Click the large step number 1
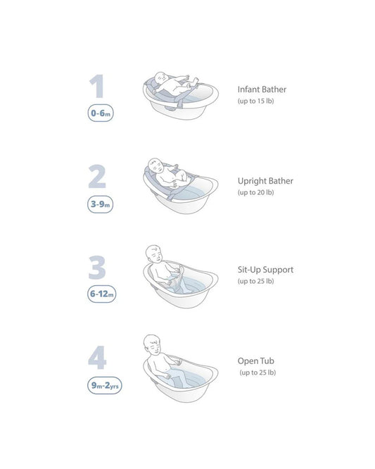(x=97, y=86)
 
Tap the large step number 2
(x=97, y=177)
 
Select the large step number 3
(x=97, y=268)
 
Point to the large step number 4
(x=97, y=358)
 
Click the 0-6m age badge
(x=101, y=113)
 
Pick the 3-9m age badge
(x=100, y=204)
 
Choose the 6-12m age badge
(x=101, y=294)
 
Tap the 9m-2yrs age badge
(x=105, y=385)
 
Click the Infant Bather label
(x=262, y=89)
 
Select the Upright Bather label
(x=265, y=181)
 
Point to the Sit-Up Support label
(x=265, y=270)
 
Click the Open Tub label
(x=256, y=361)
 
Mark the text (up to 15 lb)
(x=256, y=101)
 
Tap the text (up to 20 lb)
(x=256, y=192)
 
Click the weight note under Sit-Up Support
(x=256, y=281)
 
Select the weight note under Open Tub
(x=258, y=373)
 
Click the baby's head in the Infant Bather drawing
(x=162, y=78)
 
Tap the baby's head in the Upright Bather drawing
(x=155, y=165)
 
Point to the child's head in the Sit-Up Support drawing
(x=154, y=254)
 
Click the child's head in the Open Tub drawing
(x=152, y=344)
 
